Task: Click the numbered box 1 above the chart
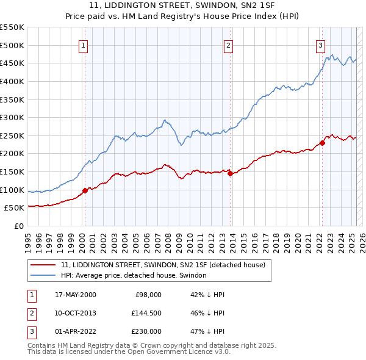pos(82,45)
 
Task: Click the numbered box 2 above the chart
pos(228,45)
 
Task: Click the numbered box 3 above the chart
pos(320,45)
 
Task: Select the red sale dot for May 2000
pos(85,190)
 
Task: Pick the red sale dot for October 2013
pos(231,174)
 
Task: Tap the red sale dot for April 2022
pos(322,143)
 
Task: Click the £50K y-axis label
pos(14,208)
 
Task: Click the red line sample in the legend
pos(42,265)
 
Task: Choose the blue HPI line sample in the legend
pos(42,275)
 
